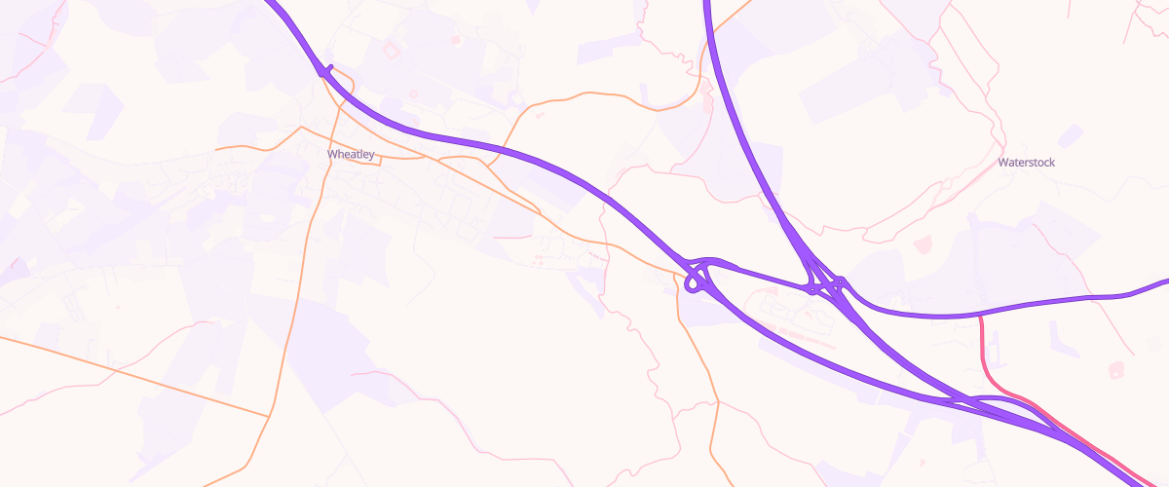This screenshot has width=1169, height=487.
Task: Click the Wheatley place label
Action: pos(350,155)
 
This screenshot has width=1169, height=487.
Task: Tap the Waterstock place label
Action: pos(1026,163)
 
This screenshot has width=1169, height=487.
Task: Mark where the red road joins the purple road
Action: pos(978,316)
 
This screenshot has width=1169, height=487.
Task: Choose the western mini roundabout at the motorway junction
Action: pos(811,288)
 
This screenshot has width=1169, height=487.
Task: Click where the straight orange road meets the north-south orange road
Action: pos(268,417)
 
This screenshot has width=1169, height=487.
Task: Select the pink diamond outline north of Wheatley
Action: pos(393,49)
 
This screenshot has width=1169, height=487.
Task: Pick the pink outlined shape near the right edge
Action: pos(1115,370)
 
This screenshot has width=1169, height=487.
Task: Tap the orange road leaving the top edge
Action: pos(745,5)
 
